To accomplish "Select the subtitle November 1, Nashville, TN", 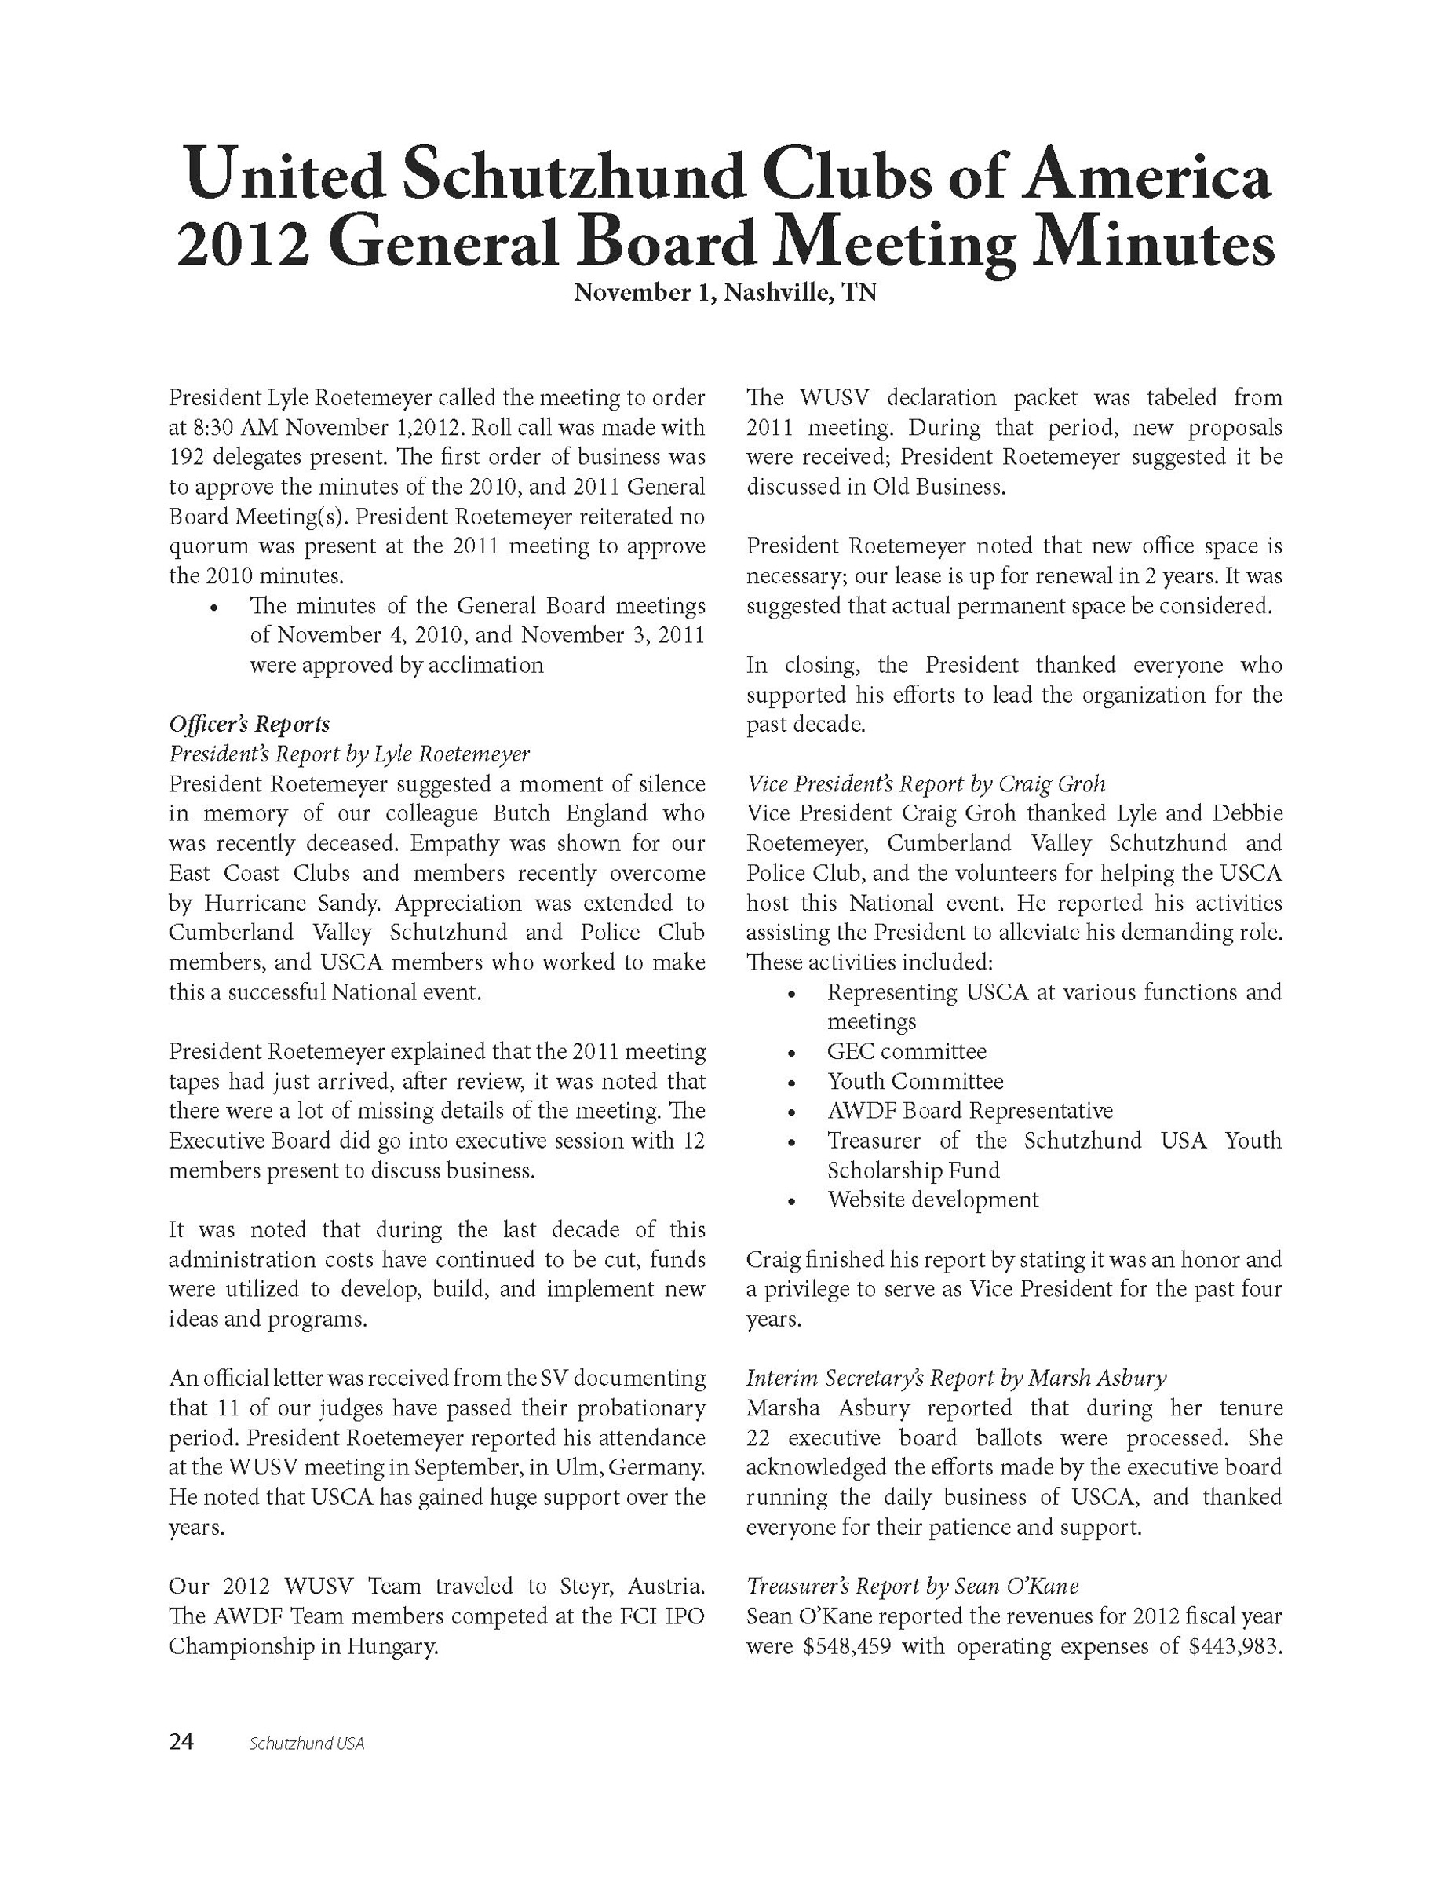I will [725, 293].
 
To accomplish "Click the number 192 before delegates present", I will [186, 458].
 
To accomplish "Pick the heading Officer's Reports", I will [249, 725].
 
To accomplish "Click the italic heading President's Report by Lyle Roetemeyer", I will [349, 754].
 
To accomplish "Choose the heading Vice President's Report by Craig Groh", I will [925, 784].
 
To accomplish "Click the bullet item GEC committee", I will [906, 1051].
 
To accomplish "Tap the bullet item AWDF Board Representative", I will [970, 1110].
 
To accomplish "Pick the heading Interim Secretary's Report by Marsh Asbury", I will [956, 1378].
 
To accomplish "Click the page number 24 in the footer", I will [181, 1742].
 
